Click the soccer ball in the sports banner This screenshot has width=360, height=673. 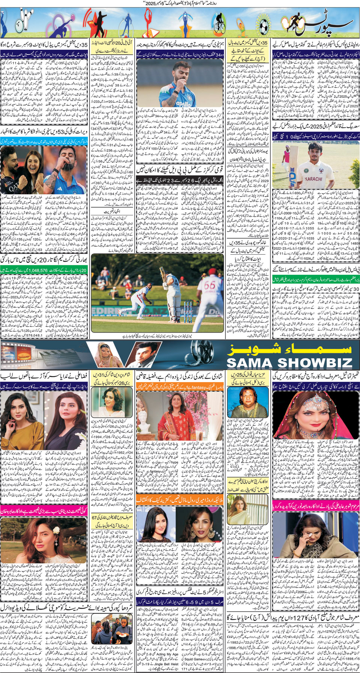pyautogui.click(x=264, y=26)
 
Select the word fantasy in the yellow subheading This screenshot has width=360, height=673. pyautogui.click(x=199, y=387)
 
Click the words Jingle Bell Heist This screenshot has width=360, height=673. pyautogui.click(x=165, y=664)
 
